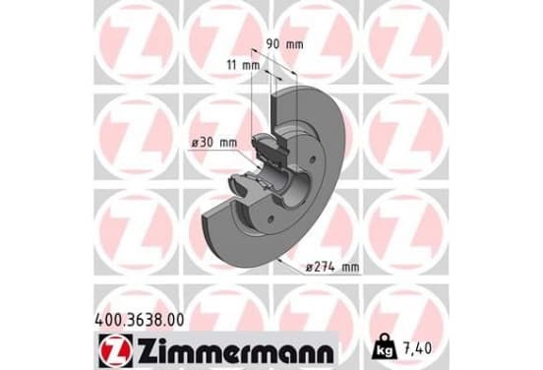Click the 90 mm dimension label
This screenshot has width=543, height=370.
point(284,44)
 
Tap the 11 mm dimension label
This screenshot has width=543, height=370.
point(243,64)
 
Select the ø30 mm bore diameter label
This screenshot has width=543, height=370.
point(214,143)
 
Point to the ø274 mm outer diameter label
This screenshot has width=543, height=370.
point(332,267)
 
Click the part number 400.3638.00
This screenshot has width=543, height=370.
point(140,320)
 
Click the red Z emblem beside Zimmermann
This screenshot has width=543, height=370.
point(115,350)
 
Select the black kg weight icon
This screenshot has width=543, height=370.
point(384,346)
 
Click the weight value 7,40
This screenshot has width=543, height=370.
point(417,348)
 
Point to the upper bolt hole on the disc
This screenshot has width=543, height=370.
point(313,159)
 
